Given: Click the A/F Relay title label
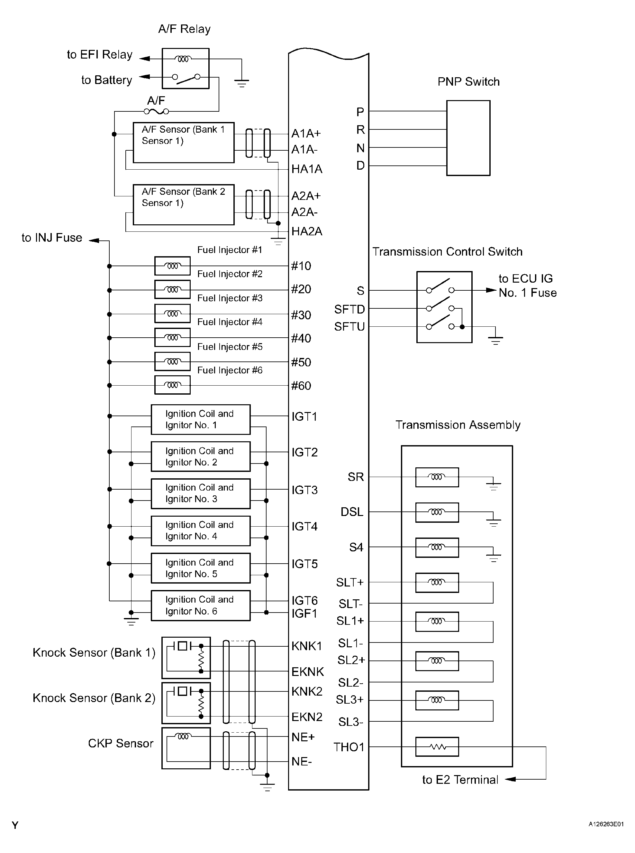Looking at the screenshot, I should coord(184,29).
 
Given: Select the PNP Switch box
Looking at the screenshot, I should coord(468,138).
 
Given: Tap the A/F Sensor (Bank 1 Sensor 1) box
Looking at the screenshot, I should coord(183,142).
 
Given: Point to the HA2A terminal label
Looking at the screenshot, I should coord(306,231).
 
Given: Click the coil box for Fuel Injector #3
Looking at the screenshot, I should coord(172,314).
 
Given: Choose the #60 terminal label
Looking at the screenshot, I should coord(301,386).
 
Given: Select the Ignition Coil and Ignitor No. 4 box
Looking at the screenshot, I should coord(200,530).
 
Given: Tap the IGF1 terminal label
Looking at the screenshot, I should coord(304,613).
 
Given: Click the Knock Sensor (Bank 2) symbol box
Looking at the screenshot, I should coord(186,703).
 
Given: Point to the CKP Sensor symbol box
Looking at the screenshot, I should coord(186,748).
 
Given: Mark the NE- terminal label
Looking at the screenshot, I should coord(302,762).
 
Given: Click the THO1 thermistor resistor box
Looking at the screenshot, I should coord(437,747).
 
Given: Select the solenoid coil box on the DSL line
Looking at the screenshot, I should coord(437,512).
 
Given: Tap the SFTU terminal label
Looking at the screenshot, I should coord(349,327).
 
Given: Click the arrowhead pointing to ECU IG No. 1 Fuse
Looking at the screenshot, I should coord(491,290).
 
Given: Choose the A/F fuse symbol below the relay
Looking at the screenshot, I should coord(156,112).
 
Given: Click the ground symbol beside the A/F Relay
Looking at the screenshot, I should coord(241,83).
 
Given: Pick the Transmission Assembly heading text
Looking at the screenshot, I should coord(458,425).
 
